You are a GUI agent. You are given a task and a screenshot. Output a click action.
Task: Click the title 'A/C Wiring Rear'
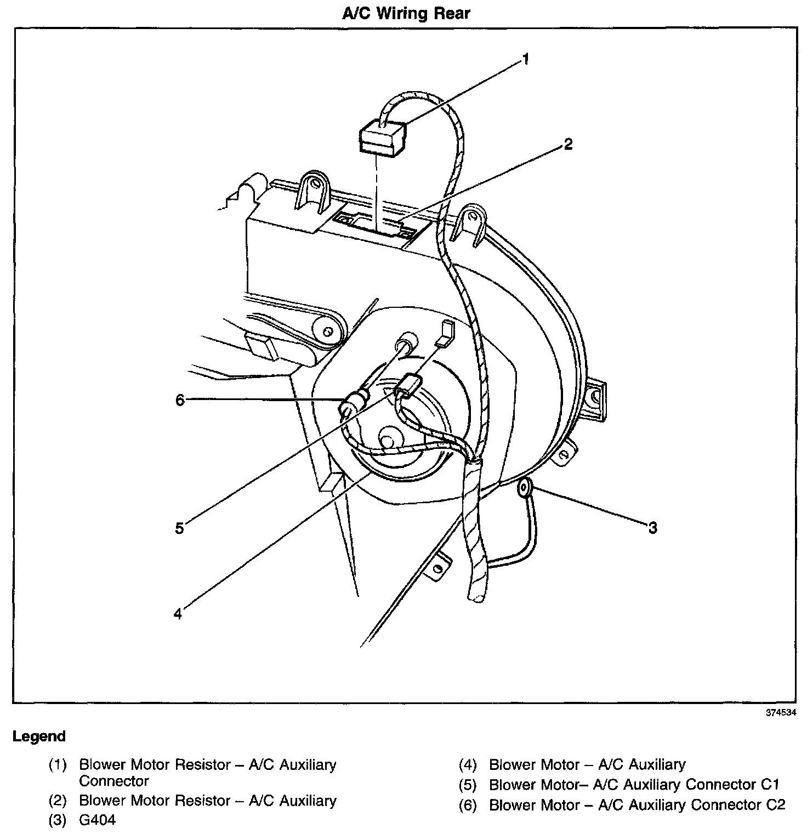[406, 13]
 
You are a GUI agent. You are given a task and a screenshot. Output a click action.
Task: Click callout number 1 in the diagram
[526, 59]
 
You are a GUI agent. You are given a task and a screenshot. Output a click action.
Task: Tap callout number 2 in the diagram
[568, 144]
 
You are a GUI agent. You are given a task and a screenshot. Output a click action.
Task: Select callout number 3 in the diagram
[652, 528]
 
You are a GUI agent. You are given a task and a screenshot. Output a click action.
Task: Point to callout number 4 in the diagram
[177, 614]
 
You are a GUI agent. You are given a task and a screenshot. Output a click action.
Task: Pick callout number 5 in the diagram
[179, 528]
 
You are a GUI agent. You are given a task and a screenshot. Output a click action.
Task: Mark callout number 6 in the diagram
[180, 400]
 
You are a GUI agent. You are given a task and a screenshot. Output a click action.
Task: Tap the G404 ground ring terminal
[524, 486]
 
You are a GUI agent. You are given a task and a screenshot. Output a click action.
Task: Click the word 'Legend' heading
[39, 736]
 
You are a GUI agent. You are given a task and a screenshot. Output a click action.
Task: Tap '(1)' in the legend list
[57, 765]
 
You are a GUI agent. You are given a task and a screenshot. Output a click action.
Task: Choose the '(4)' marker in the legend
[468, 765]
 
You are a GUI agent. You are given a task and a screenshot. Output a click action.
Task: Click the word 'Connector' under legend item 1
[114, 781]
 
